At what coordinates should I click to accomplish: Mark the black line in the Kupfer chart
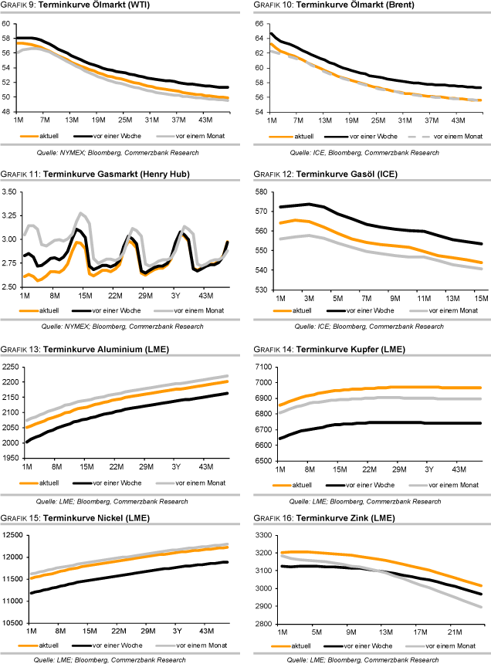coord(386,423)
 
